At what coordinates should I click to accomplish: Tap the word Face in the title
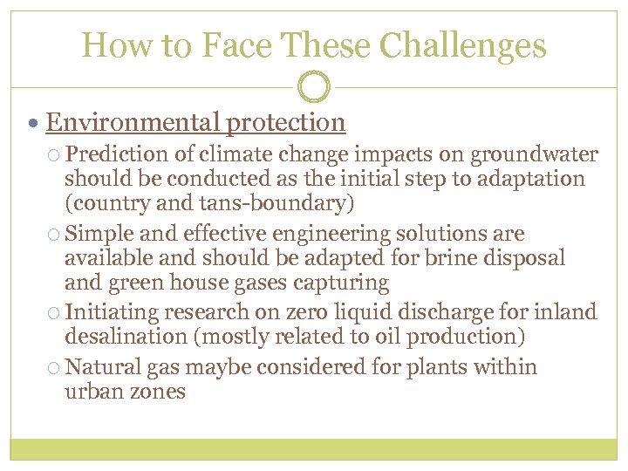(227, 45)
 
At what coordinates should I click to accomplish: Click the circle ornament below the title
(314, 87)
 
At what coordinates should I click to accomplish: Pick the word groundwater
(535, 155)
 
